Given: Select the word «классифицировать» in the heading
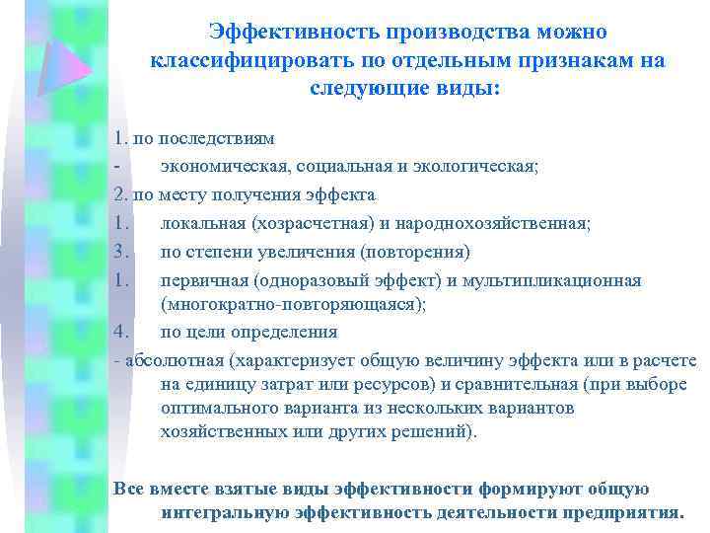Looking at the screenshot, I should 239,60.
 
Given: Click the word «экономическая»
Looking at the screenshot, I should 217,166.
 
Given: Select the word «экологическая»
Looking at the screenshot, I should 473,166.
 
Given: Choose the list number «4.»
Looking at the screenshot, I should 122,332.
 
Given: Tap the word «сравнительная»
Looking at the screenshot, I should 519,384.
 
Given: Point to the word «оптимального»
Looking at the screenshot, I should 216,408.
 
